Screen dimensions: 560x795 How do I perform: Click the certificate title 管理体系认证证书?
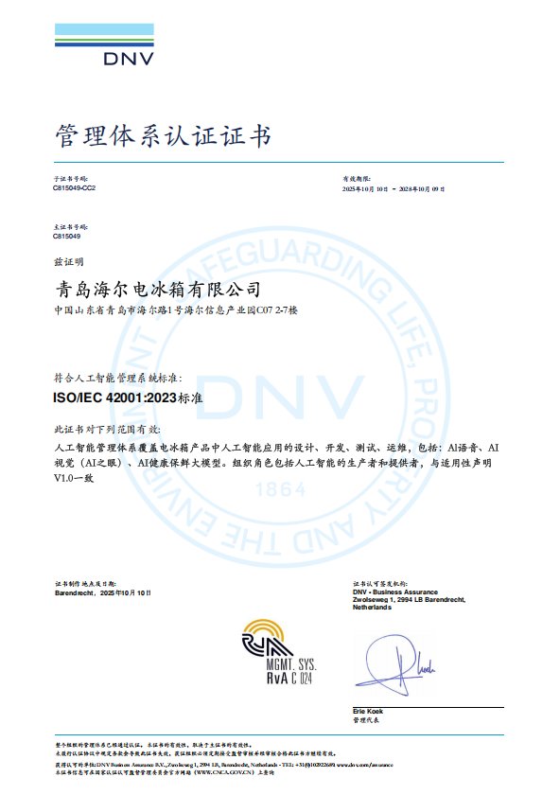point(163,137)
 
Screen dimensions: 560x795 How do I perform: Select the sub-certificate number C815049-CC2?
point(74,189)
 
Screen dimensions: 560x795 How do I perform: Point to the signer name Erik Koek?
point(367,711)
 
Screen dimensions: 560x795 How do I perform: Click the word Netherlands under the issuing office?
point(372,607)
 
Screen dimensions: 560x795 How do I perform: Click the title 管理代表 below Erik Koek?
point(364,720)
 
